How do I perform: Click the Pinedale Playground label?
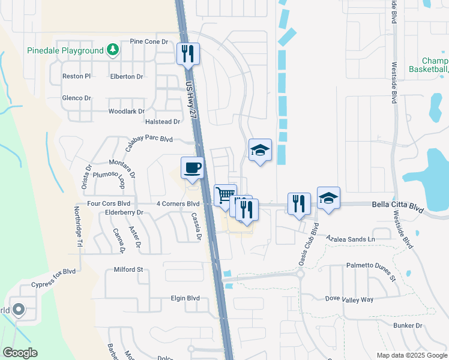[x=65, y=51]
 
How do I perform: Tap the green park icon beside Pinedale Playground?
[x=112, y=50]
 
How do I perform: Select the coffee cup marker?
[x=192, y=169]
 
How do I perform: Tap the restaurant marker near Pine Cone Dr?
[x=188, y=53]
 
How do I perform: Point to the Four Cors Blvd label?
[x=109, y=204]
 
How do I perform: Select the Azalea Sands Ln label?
[x=351, y=239]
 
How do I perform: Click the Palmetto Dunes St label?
[x=372, y=271]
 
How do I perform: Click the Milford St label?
[x=128, y=270]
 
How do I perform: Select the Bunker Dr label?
[x=408, y=326]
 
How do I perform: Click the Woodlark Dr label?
[x=126, y=112]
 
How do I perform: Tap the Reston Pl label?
[x=76, y=77]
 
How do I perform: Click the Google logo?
[x=20, y=353]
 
